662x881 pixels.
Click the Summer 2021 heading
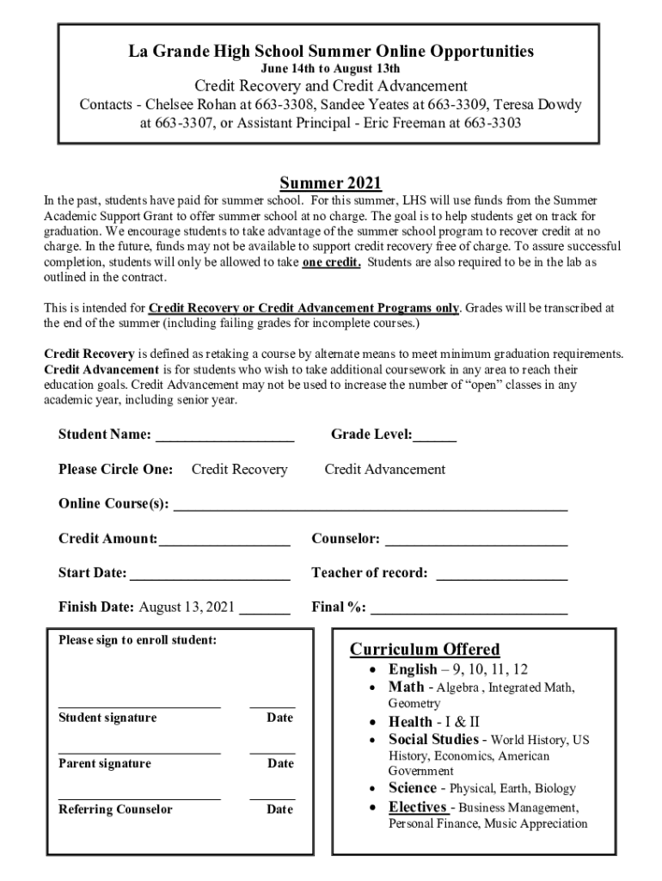[x=330, y=183]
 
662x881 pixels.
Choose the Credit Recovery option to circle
[x=239, y=469]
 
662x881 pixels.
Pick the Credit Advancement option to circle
[x=384, y=469]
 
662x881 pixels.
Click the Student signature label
[x=107, y=718]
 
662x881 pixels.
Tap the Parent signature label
[x=104, y=763]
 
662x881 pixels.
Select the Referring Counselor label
[x=115, y=809]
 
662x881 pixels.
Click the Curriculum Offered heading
[x=424, y=649]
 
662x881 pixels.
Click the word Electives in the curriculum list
[x=417, y=807]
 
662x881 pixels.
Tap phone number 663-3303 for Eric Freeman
[x=493, y=123]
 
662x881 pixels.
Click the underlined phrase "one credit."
[x=332, y=262]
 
